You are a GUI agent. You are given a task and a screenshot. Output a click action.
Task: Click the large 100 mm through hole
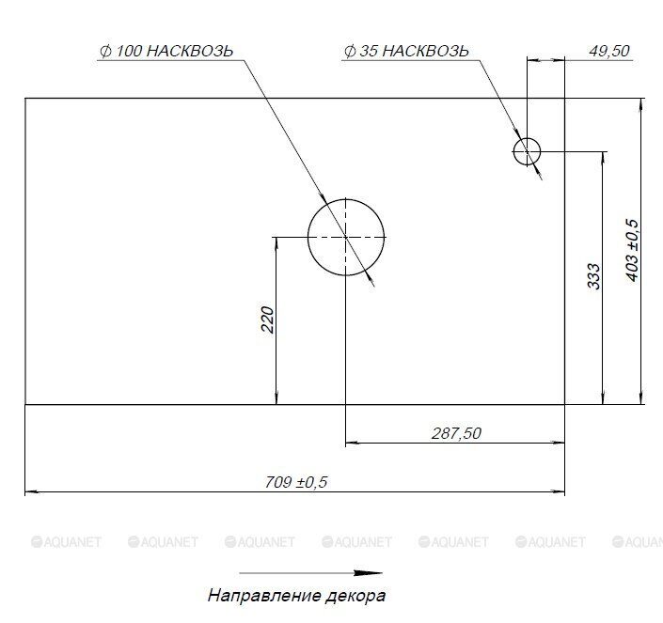(x=346, y=238)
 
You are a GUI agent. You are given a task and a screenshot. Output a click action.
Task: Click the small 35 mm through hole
(x=527, y=150)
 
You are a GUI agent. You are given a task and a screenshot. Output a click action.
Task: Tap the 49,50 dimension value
(x=608, y=52)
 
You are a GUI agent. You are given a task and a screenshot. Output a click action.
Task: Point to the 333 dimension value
(x=593, y=275)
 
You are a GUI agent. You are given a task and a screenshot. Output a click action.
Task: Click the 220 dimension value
(x=267, y=319)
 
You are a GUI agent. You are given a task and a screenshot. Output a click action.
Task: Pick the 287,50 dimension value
(x=456, y=433)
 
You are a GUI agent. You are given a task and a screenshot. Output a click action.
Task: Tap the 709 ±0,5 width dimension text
(x=296, y=482)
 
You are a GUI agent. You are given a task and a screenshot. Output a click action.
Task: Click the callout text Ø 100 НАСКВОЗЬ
(x=166, y=52)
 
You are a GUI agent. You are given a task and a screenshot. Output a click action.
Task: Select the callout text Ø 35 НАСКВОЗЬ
(x=406, y=52)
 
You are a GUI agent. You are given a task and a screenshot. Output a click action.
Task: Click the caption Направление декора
(x=296, y=596)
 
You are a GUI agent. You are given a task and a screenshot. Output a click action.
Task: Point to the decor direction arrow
(x=310, y=573)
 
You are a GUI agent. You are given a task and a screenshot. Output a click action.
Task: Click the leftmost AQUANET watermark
(x=67, y=541)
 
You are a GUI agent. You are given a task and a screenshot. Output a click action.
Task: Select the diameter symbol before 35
(x=350, y=52)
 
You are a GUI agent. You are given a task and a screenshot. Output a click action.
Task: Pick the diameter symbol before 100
(x=104, y=52)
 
